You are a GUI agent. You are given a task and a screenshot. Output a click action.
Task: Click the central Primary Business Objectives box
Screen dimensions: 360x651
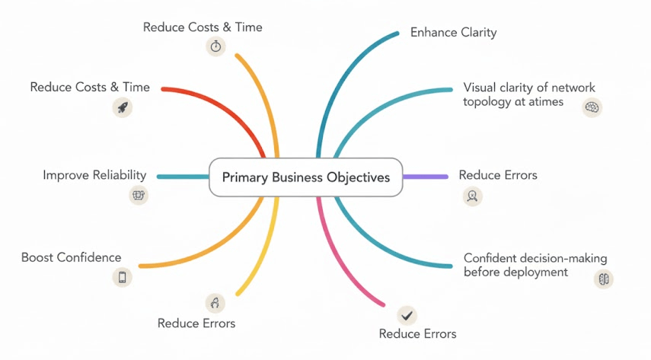coord(305,177)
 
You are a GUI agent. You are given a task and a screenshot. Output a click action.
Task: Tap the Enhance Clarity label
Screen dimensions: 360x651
coord(453,33)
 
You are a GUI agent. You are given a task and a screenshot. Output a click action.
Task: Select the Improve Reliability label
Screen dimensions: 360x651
coord(94,176)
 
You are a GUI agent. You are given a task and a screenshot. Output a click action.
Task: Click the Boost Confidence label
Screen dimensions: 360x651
coord(71,257)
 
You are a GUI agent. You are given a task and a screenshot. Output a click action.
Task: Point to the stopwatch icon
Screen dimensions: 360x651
coord(216,46)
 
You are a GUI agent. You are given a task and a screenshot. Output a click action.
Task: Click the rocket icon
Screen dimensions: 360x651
coord(123,107)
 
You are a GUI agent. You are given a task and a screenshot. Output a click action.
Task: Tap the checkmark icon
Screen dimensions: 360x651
coord(407,314)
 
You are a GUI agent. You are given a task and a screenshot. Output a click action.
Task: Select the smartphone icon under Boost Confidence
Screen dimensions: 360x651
coord(122,277)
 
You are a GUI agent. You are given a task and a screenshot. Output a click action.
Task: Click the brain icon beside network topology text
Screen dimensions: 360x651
coord(592,108)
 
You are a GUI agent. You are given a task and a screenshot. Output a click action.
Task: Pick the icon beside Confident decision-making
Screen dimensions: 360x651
coord(603,279)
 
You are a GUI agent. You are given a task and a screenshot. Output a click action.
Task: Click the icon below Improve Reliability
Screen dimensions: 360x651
coord(139,195)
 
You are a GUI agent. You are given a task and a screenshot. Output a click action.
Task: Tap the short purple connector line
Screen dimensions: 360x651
coord(425,177)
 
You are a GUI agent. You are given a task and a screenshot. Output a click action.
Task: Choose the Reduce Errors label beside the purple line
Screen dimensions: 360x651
coord(498,175)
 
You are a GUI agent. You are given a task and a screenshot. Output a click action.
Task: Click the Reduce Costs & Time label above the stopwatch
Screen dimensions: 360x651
coord(203,27)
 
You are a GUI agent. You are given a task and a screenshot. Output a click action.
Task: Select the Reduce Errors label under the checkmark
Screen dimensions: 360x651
coord(417,334)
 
